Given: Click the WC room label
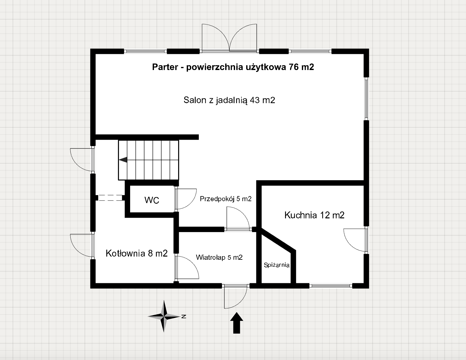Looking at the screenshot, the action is tap(152, 200).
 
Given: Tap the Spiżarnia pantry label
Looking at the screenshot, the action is tap(277, 265).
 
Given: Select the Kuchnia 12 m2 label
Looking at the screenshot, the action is tap(314, 215).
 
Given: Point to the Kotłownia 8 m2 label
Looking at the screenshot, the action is tap(136, 253).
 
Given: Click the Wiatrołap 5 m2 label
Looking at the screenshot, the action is tap(219, 257).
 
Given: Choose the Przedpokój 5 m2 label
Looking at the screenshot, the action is tap(226, 199).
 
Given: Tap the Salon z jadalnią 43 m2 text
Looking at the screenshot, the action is tap(229, 100).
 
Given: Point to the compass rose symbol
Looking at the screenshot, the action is tap(164, 316).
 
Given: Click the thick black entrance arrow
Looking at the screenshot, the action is tap(237, 323).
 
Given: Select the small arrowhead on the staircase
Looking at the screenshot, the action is tap(123, 160).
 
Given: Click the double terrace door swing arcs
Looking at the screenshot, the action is tap(229, 38).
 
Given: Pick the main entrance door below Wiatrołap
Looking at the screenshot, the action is tap(236, 297).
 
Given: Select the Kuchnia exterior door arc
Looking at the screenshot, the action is tap(355, 240).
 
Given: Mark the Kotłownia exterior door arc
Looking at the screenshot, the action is tap(82, 245).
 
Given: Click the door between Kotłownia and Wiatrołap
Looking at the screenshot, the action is tap(187, 267).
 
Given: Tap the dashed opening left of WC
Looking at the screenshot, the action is tap(110, 198).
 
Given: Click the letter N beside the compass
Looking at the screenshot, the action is tap(184, 316).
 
